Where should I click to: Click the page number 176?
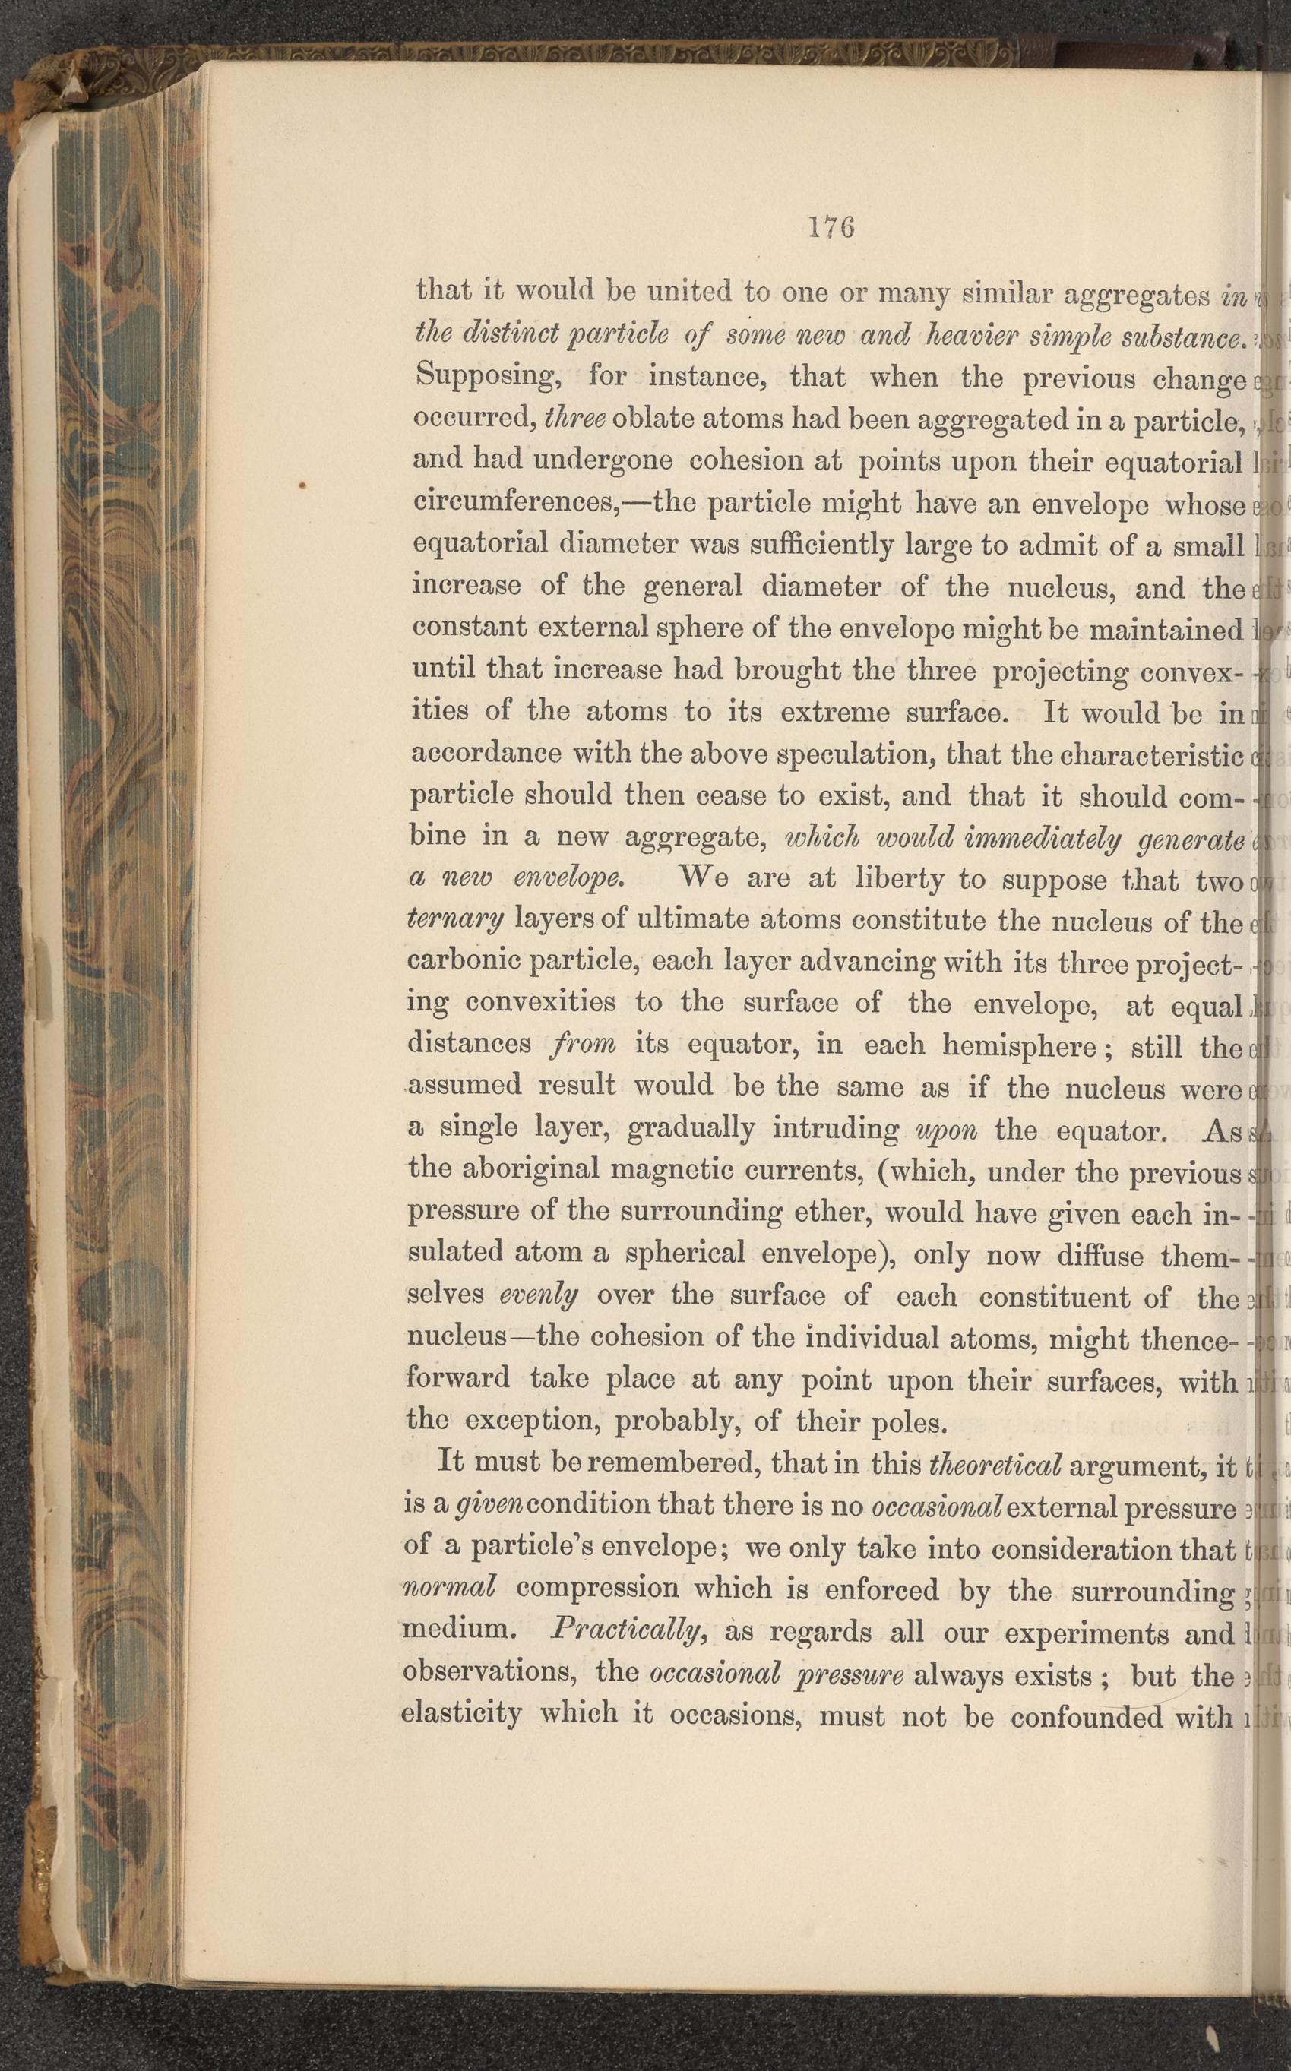click(831, 228)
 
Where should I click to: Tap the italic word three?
click(574, 419)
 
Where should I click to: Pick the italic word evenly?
click(539, 1296)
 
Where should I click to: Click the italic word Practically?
click(627, 1630)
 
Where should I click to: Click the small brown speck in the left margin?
click(302, 485)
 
